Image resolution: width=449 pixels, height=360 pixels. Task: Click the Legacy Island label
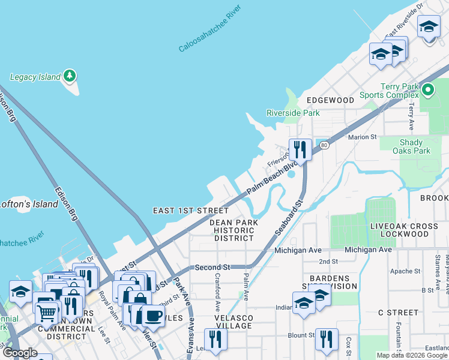[35, 77]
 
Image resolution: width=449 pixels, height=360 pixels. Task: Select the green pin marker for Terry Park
[427, 91]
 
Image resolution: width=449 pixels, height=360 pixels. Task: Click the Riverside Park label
[293, 113]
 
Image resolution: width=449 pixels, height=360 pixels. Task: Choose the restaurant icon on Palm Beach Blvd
[300, 149]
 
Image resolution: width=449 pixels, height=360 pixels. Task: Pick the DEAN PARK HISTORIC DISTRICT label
[234, 230]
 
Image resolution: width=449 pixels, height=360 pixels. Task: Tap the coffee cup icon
[152, 316]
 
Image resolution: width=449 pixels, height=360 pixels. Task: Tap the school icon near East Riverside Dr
[429, 27]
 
